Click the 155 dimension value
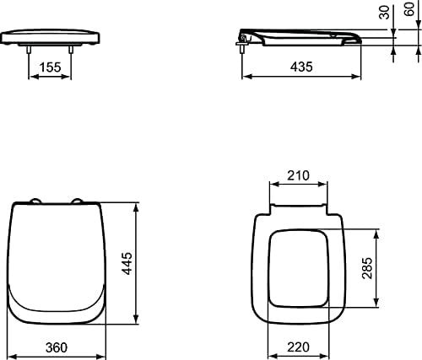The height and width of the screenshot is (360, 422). (x=50, y=67)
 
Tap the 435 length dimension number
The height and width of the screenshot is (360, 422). (x=301, y=67)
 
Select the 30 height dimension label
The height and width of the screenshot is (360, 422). (x=384, y=12)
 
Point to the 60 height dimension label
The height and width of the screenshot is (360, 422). (x=409, y=9)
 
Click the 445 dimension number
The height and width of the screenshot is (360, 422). (x=128, y=263)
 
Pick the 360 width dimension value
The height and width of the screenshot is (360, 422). (x=57, y=347)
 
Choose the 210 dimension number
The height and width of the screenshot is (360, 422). (x=298, y=175)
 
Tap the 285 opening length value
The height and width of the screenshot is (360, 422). (x=367, y=268)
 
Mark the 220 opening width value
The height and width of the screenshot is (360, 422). (x=298, y=347)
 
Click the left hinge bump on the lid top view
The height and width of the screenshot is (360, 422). (x=35, y=201)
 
